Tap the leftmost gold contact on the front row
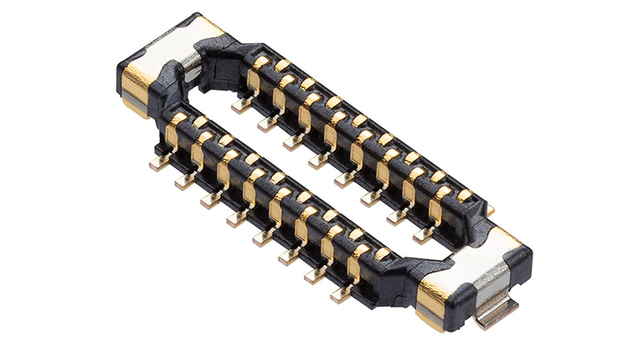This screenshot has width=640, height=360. (x=176, y=129)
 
